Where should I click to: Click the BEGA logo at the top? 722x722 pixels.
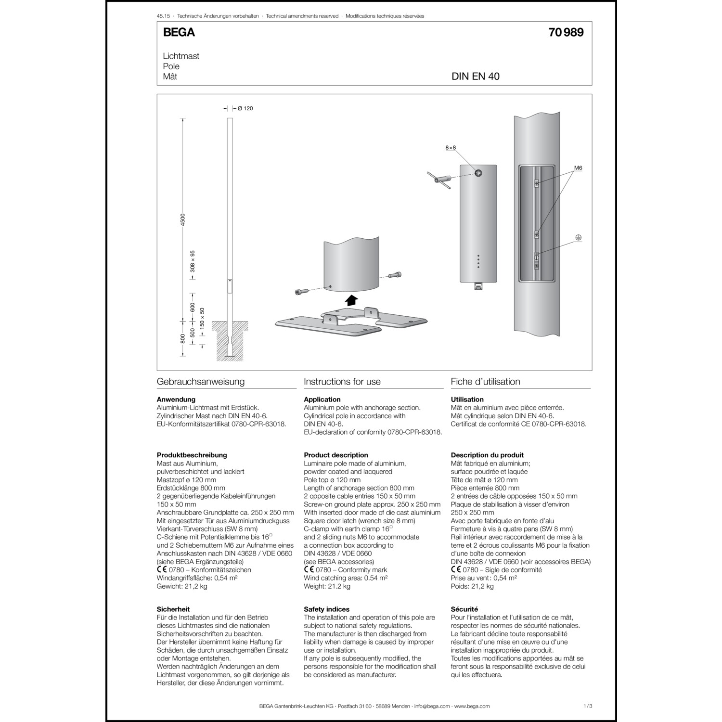click(x=179, y=32)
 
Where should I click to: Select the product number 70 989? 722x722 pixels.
click(x=566, y=32)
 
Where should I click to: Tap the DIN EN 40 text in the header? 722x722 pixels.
click(x=475, y=77)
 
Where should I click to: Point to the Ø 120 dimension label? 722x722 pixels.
click(x=245, y=108)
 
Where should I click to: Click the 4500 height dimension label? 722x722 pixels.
click(x=182, y=219)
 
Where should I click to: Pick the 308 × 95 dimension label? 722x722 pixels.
click(x=193, y=261)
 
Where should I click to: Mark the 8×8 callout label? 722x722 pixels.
click(x=450, y=148)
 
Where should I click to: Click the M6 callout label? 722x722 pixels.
click(x=578, y=168)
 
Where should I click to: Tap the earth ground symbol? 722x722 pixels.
click(x=579, y=238)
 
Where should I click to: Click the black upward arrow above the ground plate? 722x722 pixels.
click(x=352, y=300)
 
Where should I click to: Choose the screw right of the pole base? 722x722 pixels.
click(x=396, y=275)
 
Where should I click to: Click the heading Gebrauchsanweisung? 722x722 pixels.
click(x=201, y=382)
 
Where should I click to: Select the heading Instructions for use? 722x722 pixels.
click(x=342, y=382)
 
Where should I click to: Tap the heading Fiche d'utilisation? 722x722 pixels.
click(x=485, y=382)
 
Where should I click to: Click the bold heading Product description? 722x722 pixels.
click(x=336, y=455)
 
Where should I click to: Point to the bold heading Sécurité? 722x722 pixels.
click(x=464, y=609)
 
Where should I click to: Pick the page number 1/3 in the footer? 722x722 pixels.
click(x=587, y=706)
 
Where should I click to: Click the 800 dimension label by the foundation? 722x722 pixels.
click(x=182, y=338)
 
